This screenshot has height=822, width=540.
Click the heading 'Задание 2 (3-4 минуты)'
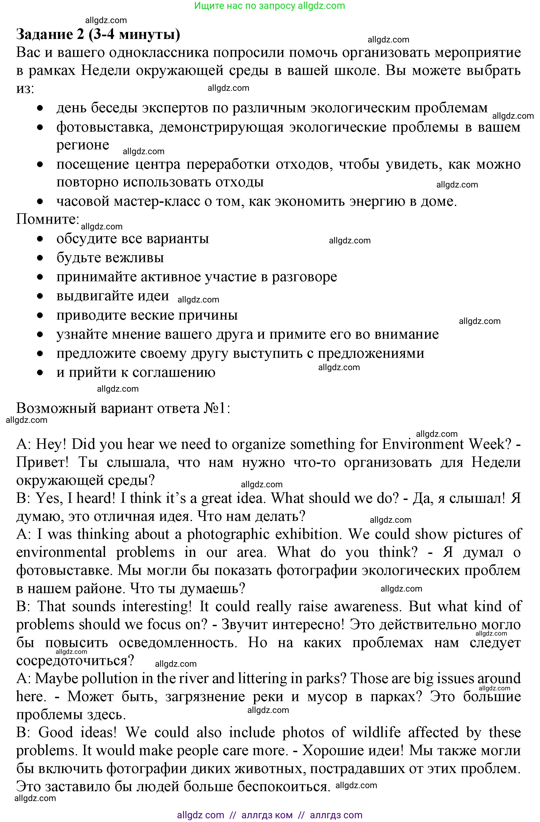[x=98, y=35]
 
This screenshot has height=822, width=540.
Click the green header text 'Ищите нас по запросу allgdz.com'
[x=269, y=6]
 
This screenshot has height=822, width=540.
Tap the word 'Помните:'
[x=48, y=219]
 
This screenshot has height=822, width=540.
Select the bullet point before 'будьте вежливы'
[x=40, y=258]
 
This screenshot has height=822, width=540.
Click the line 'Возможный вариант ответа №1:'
[x=123, y=408]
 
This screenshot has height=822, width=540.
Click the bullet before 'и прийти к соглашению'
[x=40, y=372]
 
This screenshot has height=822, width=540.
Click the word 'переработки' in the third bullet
[x=228, y=164]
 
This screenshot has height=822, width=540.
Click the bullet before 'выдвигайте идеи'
[x=40, y=296]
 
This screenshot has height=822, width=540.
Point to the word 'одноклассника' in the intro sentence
[x=159, y=52]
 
